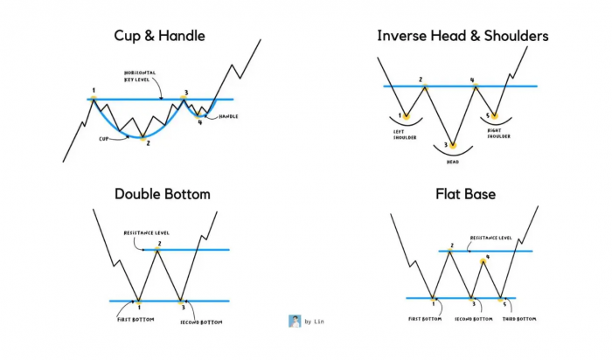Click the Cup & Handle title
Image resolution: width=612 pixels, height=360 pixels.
point(159,36)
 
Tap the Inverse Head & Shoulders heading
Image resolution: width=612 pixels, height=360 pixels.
point(462,36)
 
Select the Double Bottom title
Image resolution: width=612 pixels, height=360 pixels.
point(163,194)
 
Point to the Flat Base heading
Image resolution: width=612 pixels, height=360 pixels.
point(466,194)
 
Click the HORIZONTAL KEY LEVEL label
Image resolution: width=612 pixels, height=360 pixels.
point(140,76)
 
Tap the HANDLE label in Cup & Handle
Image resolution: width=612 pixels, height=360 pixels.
point(228,116)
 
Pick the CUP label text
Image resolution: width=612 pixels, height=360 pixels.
point(103,138)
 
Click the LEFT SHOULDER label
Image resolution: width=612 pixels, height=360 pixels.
point(405,135)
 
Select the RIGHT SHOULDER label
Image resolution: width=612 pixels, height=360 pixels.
point(499,134)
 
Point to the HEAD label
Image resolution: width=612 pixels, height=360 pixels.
point(453,162)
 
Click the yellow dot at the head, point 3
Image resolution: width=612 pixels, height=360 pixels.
point(453,145)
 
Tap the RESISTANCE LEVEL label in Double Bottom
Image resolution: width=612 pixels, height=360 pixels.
point(146,232)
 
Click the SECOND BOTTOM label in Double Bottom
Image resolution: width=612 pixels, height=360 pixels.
point(201,322)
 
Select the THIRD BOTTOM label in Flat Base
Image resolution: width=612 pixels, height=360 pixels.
point(519,319)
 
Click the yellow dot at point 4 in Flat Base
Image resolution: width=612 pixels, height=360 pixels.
point(483,261)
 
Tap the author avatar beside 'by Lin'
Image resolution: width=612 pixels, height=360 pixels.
point(295,321)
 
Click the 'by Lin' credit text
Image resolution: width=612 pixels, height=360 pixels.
point(314,322)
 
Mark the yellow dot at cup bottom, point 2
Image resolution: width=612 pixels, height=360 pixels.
point(143,138)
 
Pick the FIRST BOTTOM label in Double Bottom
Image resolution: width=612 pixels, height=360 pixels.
point(136,320)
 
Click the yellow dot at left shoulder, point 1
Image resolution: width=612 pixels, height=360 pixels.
point(406,116)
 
